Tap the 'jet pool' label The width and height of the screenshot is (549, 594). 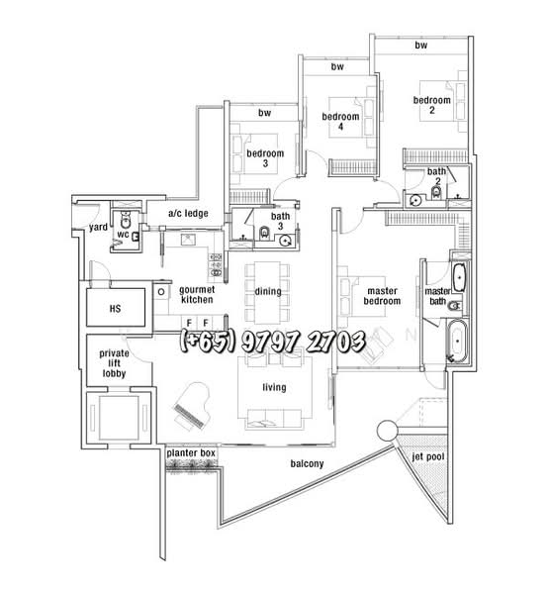(x=428, y=456)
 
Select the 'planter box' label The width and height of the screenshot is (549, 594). (x=191, y=453)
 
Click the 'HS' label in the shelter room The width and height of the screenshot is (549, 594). (x=115, y=309)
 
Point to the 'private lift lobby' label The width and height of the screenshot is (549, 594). (x=114, y=363)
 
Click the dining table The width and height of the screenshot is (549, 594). (x=268, y=292)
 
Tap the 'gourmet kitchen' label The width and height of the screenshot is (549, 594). (x=197, y=295)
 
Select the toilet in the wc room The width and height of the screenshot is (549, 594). (x=126, y=220)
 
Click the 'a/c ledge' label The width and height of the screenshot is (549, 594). (x=188, y=213)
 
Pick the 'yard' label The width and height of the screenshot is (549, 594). (x=98, y=227)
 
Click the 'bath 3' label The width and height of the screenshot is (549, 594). (x=280, y=221)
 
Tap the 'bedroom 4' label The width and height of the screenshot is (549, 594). (x=340, y=121)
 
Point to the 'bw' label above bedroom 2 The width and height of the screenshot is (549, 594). (x=421, y=46)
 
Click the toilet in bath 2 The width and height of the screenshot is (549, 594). (x=436, y=193)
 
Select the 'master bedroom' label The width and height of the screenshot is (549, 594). (x=382, y=296)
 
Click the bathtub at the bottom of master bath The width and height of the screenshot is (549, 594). (x=457, y=342)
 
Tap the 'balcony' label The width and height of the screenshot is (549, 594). (x=307, y=463)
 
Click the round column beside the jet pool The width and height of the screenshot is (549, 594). (x=388, y=431)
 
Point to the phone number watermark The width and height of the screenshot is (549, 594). (x=273, y=342)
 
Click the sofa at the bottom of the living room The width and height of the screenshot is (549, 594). (x=274, y=419)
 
